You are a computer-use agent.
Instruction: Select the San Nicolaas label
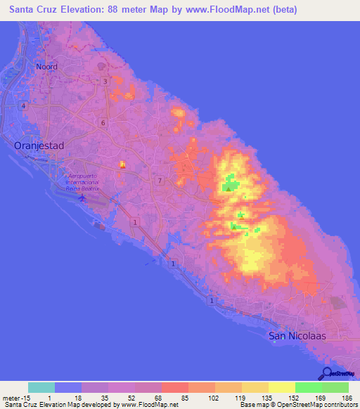tap(298, 335)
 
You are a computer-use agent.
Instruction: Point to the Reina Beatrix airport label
tap(83, 182)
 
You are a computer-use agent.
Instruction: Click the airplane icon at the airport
tap(83, 198)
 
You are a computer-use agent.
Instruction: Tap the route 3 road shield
tap(105, 82)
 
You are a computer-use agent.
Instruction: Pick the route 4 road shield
tap(24, 105)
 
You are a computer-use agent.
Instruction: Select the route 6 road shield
tap(103, 122)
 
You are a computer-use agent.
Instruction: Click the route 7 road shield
tap(160, 181)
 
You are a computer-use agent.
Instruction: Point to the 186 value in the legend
tap(345, 397)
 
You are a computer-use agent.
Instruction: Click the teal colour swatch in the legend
tap(41, 387)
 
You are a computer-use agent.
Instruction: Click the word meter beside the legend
tap(10, 397)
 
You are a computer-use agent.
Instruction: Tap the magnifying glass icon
tap(326, 373)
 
